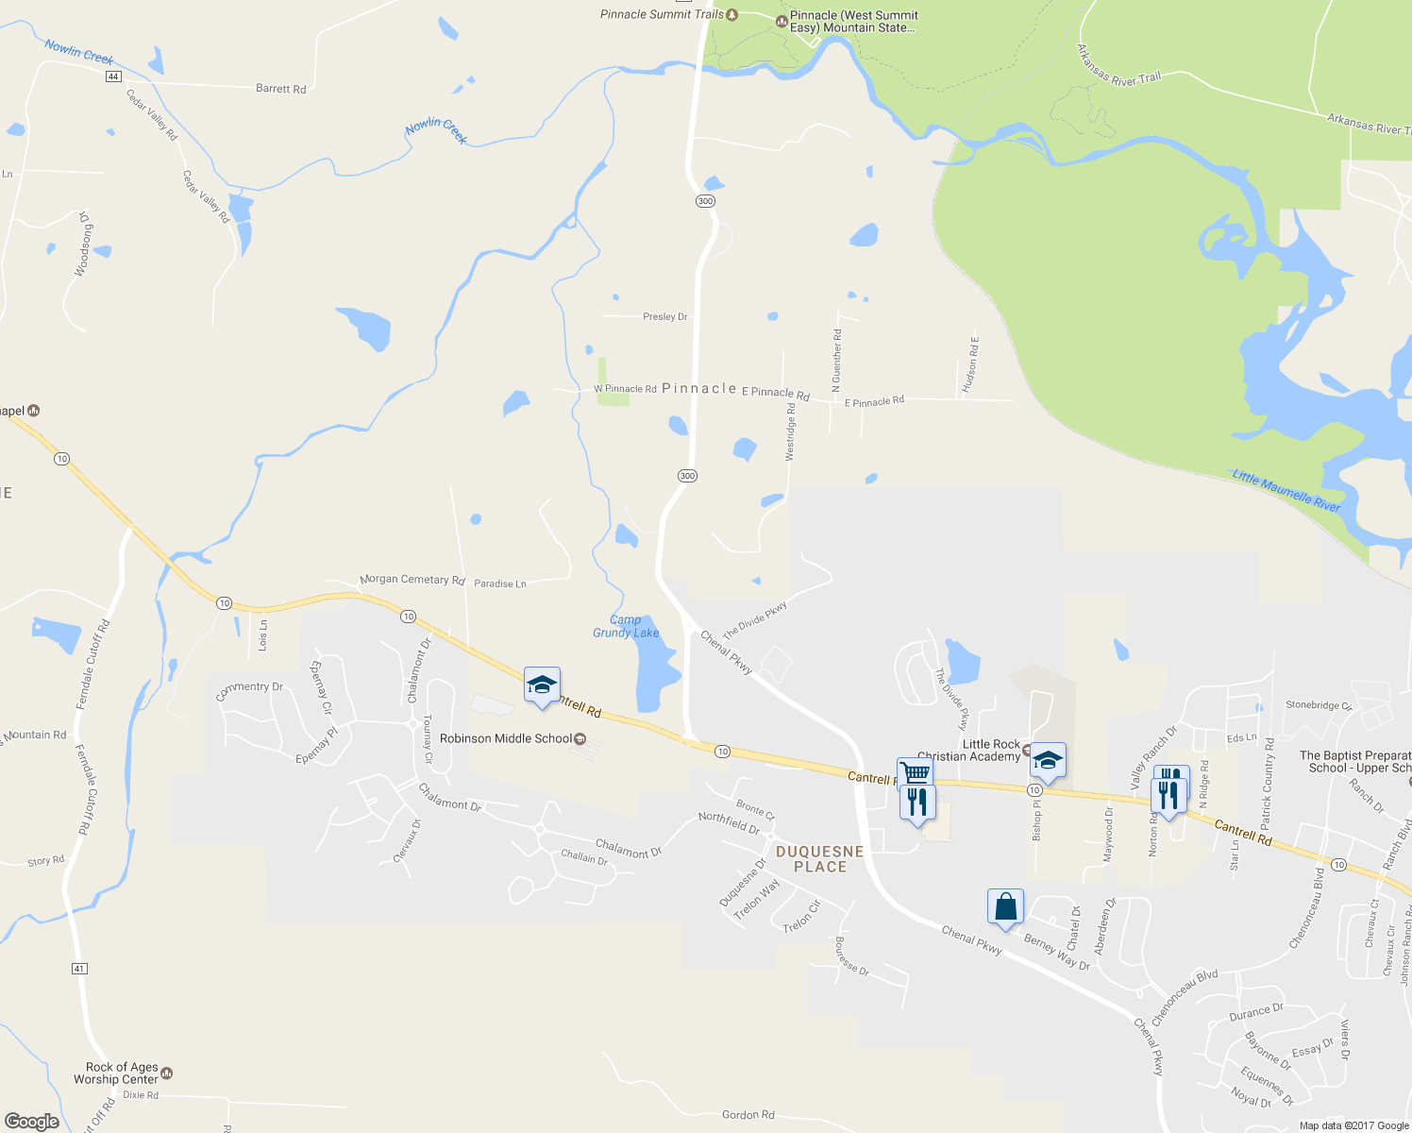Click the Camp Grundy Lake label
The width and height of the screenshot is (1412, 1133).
point(626,627)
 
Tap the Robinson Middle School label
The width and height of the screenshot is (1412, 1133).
point(505,738)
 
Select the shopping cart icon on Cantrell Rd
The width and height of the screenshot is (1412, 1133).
point(915,772)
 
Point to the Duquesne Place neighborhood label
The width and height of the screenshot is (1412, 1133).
point(819,858)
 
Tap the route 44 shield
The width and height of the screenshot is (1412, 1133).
point(113,76)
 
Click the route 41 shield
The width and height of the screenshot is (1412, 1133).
point(79,969)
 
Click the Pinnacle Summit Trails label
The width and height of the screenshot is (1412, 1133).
point(663,14)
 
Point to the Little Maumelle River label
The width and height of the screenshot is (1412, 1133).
point(1286,491)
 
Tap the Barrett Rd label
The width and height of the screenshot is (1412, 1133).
point(281,89)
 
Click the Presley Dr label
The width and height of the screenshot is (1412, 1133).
point(665,316)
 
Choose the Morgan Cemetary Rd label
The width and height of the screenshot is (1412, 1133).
point(412,579)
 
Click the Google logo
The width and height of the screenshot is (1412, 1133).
point(32,1122)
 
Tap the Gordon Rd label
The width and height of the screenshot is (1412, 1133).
point(748,1115)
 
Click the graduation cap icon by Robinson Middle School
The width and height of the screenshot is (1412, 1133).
point(542,685)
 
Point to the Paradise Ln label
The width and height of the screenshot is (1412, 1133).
point(500,583)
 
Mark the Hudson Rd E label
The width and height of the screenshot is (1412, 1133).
point(971,364)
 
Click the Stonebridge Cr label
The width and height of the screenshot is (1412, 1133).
point(1319,705)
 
